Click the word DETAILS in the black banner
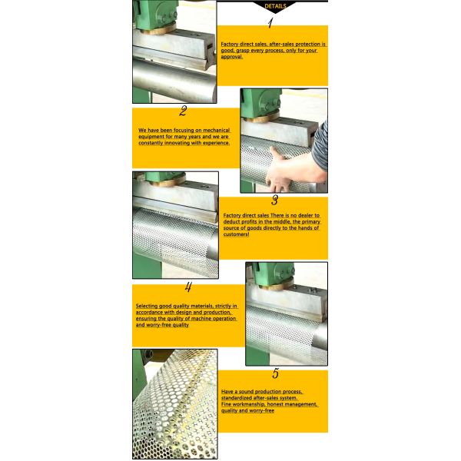pos(275,6)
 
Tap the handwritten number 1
pos(270,23)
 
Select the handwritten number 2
pos(183,111)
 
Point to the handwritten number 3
pos(274,201)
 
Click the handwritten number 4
pos(188,287)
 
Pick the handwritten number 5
pos(275,373)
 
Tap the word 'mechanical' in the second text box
pos(217,130)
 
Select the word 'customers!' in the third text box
pos(237,234)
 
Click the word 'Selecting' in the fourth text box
pos(147,306)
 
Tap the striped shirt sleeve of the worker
pos(320,144)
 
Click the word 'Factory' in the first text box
pos(230,44)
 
